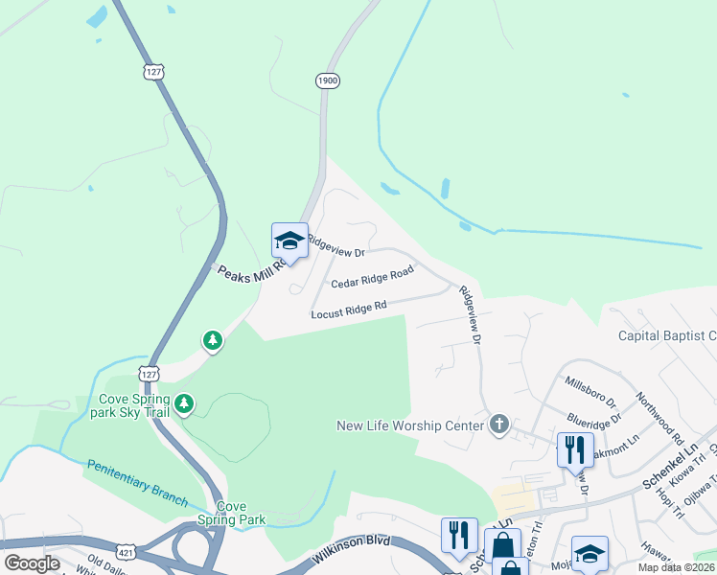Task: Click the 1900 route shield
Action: pos(327,80)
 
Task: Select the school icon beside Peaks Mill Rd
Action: pos(289,240)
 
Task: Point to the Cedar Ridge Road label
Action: pos(372,278)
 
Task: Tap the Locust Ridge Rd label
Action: pos(348,310)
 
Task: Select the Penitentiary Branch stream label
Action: pos(136,477)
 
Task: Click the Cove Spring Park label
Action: pos(241,513)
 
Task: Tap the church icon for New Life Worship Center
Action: pos(497,425)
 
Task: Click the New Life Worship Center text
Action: pos(410,425)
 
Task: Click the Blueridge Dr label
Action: pos(595,418)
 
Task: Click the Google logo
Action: pos(32,563)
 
